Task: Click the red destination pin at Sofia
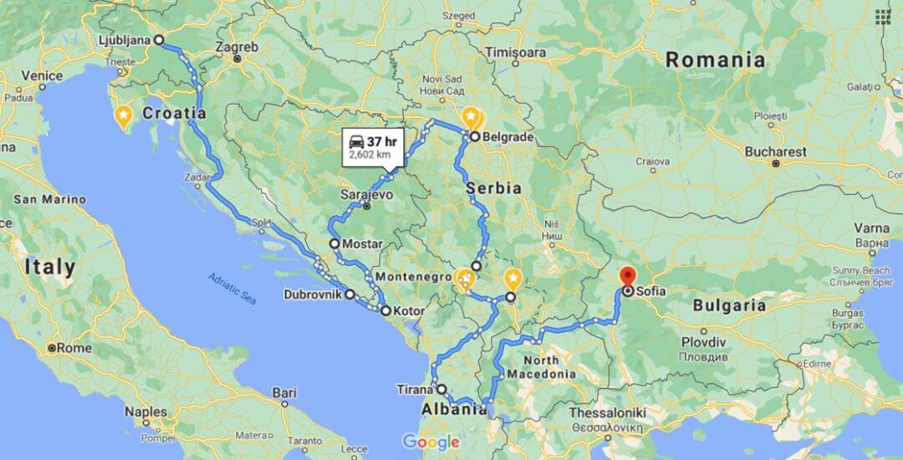coord(628,276)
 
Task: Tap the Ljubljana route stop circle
coord(159,39)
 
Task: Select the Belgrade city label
coord(508,136)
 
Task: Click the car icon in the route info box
coord(355,141)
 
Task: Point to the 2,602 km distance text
coord(370,155)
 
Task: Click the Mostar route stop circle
coord(334,243)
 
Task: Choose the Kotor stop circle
coord(385,311)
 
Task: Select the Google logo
coord(431,442)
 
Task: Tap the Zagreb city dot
coord(237,59)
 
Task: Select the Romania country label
coord(715,59)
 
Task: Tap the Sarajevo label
coord(365,194)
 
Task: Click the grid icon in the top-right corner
coord(883,17)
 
